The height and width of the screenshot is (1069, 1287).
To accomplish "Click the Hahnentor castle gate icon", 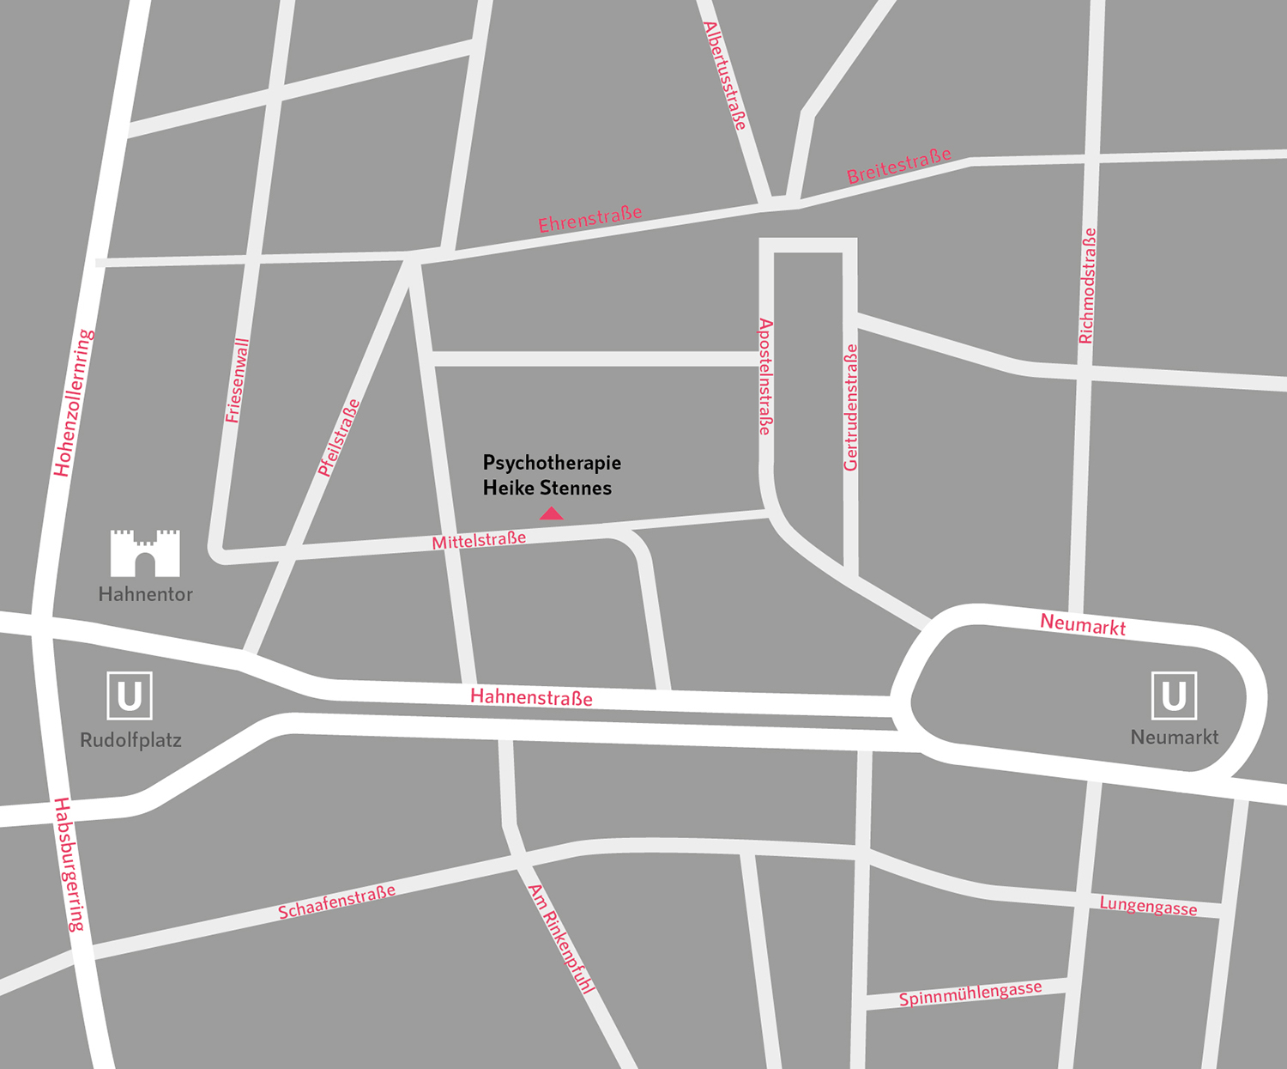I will click(145, 553).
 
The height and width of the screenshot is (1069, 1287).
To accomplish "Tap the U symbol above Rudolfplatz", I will click(130, 695).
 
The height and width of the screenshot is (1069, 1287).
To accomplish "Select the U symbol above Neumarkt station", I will click(1174, 695).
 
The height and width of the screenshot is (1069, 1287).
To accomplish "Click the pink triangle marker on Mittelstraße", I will click(551, 513).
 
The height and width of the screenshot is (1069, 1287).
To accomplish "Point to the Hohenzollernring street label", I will click(74, 403).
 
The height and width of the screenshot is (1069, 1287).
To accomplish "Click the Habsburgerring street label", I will click(69, 865).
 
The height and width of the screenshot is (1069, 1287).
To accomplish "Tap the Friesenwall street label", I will click(237, 381).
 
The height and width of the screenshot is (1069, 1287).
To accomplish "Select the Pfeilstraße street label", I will click(338, 438).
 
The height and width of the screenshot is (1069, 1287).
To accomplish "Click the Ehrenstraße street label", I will click(590, 219).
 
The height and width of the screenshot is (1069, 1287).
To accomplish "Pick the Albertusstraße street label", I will click(725, 76).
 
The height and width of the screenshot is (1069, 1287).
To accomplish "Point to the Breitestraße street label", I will click(899, 166).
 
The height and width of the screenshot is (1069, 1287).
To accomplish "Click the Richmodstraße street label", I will click(1087, 286).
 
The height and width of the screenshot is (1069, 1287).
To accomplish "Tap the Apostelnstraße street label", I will click(765, 376).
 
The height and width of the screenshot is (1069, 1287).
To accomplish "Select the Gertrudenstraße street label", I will click(850, 408).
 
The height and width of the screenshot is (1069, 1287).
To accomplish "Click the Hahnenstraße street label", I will click(531, 697).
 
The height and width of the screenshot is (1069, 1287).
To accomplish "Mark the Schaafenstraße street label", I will click(337, 902).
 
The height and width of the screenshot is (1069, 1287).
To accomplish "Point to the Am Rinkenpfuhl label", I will click(561, 938).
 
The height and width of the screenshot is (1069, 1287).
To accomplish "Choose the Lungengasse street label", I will click(1148, 906).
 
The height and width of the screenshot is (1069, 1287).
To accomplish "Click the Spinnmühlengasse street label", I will click(970, 994).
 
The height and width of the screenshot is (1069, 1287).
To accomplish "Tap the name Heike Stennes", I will click(547, 489).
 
